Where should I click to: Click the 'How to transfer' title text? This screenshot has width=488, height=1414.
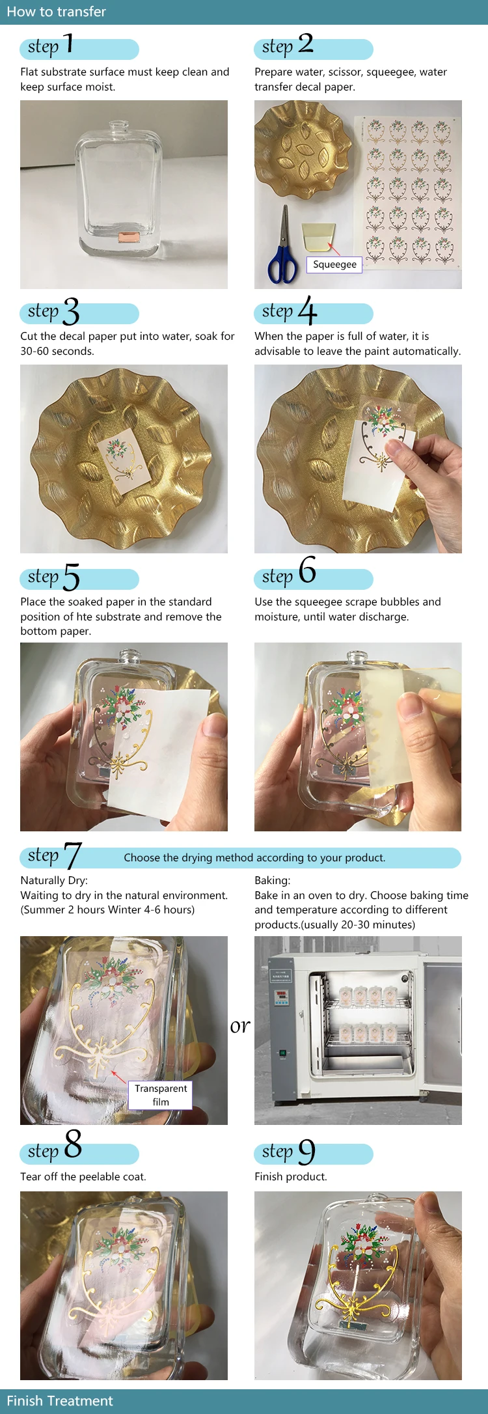tap(56, 12)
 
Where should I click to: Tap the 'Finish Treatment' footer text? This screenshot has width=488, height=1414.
tap(60, 1400)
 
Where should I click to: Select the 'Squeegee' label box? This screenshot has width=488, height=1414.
tap(334, 264)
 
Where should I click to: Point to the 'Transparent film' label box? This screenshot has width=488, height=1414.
tap(161, 1095)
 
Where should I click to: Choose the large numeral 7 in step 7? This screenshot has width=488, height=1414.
tap(72, 855)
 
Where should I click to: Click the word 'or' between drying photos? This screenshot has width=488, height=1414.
tap(240, 1027)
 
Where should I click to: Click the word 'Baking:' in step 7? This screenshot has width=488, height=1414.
tap(273, 880)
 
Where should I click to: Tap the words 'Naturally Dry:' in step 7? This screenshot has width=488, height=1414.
tap(54, 880)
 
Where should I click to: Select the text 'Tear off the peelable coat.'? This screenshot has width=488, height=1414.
tap(83, 1176)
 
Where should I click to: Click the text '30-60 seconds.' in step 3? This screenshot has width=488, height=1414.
tap(57, 351)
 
